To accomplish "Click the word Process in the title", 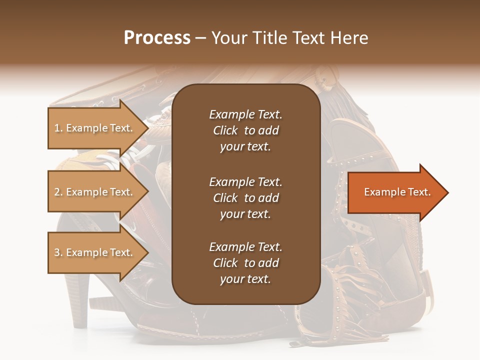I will [157, 38].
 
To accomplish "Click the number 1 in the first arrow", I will [57, 128].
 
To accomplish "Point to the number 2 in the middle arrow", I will [57, 192].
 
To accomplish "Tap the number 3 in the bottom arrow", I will [57, 252].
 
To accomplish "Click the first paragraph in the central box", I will [245, 130].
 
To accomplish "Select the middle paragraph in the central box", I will [245, 198].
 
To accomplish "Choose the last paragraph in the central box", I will [245, 263].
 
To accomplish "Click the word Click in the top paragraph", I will [225, 130].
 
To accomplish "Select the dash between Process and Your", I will [200, 38].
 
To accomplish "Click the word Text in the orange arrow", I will [419, 192].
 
